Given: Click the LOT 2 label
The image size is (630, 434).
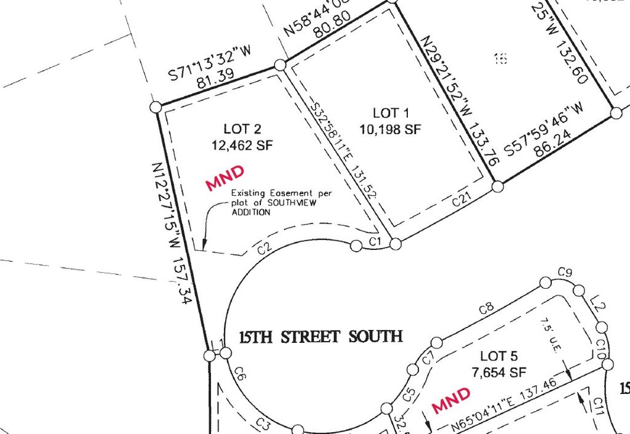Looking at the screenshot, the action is [x=243, y=129].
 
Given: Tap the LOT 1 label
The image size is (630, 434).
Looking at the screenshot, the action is [x=390, y=113].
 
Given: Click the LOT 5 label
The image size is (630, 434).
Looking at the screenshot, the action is [x=498, y=356].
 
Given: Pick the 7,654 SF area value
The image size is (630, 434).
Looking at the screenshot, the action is [x=499, y=372].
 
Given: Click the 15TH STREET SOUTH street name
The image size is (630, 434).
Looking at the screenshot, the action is [x=321, y=337].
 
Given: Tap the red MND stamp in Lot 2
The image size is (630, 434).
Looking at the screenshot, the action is [x=225, y=178].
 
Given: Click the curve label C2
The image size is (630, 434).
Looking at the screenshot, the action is [x=265, y=249].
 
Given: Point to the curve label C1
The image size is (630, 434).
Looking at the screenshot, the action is [x=377, y=240].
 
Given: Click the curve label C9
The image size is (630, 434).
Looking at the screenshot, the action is [x=565, y=272].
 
